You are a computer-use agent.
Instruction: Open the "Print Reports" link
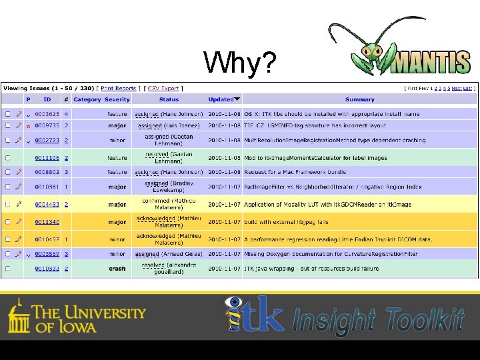click(x=119, y=88)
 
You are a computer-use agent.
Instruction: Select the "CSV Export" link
click(x=163, y=88)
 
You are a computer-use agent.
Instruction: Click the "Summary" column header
click(x=359, y=99)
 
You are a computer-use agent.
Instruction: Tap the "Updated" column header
click(x=221, y=99)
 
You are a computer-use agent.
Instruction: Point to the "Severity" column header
click(x=117, y=99)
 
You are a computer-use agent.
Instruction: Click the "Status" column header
click(x=169, y=99)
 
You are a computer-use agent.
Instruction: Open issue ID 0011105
click(x=47, y=158)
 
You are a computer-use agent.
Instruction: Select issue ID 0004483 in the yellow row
click(x=47, y=205)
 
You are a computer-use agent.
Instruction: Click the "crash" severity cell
click(x=117, y=269)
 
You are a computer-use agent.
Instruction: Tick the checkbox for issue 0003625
click(x=8, y=114)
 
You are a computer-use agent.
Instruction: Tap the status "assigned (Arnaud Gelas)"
click(x=169, y=254)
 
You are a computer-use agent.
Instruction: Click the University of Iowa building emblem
click(x=19, y=316)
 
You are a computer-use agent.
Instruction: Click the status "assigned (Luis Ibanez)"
click(x=169, y=125)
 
